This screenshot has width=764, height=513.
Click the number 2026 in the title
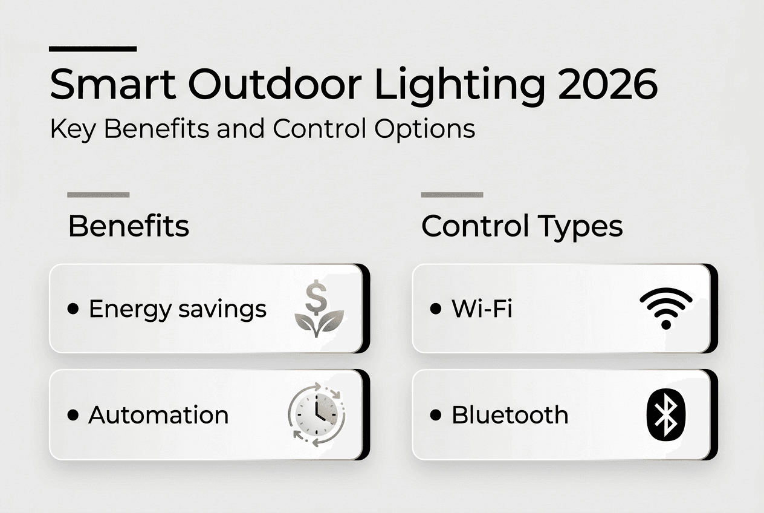[x=607, y=84]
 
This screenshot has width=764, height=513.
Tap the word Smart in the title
[x=113, y=84]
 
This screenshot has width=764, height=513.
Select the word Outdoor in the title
[x=274, y=84]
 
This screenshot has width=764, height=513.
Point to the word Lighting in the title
[x=459, y=87]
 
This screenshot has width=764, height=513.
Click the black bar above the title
[x=92, y=49]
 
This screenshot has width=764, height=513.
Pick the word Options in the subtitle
[x=425, y=129]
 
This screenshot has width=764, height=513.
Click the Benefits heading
[x=129, y=226]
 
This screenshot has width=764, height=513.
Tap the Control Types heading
[x=522, y=227]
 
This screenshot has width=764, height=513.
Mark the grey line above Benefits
[x=99, y=195]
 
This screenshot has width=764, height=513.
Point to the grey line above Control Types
[x=452, y=195]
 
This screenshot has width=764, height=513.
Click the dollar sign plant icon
[x=319, y=308]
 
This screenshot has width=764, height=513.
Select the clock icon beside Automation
[x=317, y=414]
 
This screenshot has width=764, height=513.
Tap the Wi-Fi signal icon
[x=665, y=308]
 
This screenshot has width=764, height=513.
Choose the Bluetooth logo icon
[x=665, y=415]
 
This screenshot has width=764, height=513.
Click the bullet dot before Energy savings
[x=73, y=309]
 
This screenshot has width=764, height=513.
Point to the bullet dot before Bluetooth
[x=436, y=415]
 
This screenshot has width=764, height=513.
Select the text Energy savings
[x=178, y=310]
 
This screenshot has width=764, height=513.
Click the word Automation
[x=158, y=415]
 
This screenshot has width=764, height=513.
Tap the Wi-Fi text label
[x=482, y=308]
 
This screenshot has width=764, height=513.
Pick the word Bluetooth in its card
[x=510, y=415]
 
